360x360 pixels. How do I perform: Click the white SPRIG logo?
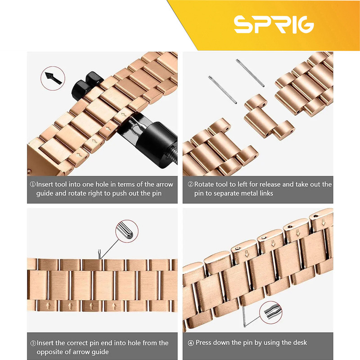(274, 24)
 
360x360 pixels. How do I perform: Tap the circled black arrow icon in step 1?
(53, 78)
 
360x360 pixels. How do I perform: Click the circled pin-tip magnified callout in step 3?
(127, 231)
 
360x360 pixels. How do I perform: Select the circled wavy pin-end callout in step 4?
(271, 312)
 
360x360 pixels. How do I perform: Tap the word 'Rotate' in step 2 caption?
(205, 184)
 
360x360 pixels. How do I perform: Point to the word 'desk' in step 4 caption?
(298, 342)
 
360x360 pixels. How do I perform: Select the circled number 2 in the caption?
(190, 184)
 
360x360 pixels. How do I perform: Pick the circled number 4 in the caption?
(191, 343)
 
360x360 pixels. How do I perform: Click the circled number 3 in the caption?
(33, 343)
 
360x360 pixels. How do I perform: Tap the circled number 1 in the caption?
(33, 184)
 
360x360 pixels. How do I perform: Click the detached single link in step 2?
(268, 117)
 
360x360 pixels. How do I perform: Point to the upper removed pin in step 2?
(250, 73)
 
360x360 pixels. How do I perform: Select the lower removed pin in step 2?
(222, 90)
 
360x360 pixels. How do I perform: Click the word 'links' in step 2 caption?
(266, 193)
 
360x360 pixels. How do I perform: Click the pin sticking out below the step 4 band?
(244, 316)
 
